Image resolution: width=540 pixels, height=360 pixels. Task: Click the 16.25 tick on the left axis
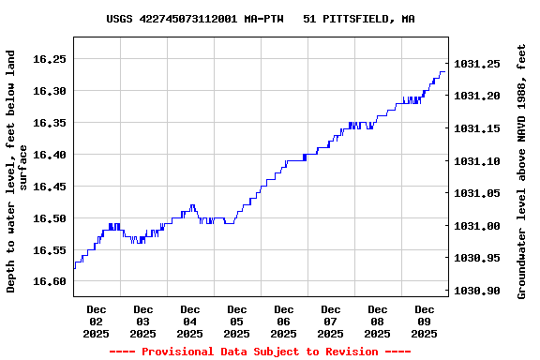tap(48, 59)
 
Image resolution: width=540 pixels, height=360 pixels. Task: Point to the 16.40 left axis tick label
tap(48, 155)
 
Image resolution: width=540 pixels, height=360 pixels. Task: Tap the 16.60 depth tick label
tap(48, 281)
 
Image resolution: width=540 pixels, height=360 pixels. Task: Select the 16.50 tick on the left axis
tap(48, 218)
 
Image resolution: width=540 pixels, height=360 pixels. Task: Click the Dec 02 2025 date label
tap(97, 321)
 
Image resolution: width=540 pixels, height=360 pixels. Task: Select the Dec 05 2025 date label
tap(237, 321)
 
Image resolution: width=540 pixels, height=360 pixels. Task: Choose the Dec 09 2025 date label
tap(425, 321)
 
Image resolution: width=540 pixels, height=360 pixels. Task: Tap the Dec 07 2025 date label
tap(331, 321)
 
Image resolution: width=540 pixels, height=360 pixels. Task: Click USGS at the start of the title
tap(119, 19)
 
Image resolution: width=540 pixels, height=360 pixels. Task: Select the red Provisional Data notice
tap(260, 352)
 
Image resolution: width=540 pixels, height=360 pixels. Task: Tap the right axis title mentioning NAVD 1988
tap(521, 171)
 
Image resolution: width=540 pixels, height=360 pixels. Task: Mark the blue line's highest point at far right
tap(442, 72)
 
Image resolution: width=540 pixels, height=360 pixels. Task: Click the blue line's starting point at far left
tap(74, 268)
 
